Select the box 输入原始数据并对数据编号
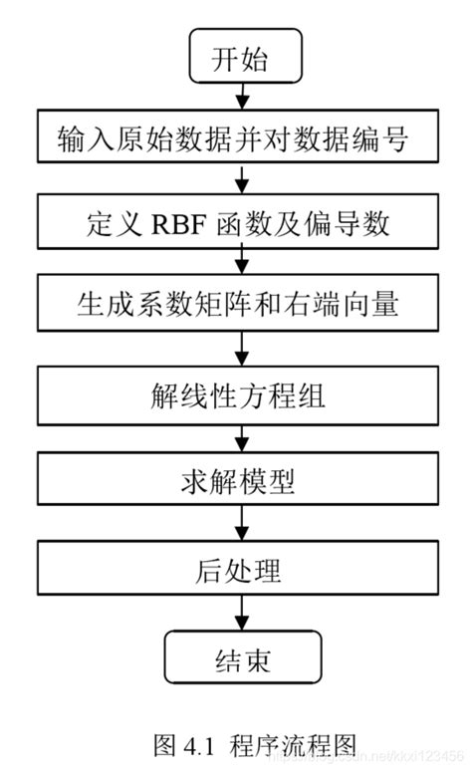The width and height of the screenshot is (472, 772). click(x=239, y=140)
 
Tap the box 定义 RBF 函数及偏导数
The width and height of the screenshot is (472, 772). click(x=239, y=222)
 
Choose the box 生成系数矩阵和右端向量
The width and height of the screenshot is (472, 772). click(x=239, y=304)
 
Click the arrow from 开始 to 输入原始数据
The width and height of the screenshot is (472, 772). click(x=240, y=98)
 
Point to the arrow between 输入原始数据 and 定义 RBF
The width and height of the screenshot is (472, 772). click(x=240, y=180)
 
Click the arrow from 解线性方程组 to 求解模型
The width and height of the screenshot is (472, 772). click(x=240, y=439)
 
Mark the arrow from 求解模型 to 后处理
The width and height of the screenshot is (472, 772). click(x=240, y=525)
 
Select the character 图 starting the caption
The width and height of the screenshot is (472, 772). click(x=166, y=745)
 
